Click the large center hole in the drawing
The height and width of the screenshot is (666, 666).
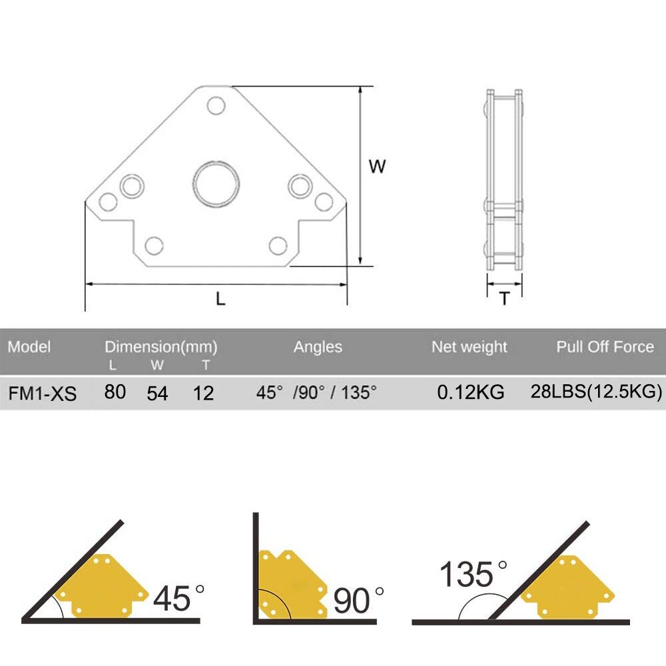click(216, 184)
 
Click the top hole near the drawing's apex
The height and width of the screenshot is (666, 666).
click(215, 105)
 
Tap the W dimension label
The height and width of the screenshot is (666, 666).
click(378, 166)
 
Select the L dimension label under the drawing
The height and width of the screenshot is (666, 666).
click(220, 299)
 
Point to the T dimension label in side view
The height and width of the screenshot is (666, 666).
click(505, 299)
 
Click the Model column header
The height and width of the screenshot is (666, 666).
click(29, 347)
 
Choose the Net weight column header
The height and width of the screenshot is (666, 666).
click(469, 347)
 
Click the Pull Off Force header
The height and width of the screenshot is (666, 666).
click(605, 347)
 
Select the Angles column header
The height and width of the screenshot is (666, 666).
click(318, 347)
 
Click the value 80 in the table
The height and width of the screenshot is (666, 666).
click(115, 392)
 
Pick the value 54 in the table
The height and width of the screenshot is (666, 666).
click(158, 393)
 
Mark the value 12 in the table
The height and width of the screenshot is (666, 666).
click(203, 393)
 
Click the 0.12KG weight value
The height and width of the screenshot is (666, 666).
click(470, 392)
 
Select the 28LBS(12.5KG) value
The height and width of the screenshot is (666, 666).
click(596, 392)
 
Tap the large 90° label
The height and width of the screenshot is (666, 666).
click(359, 600)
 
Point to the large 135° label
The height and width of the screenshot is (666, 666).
click(474, 574)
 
